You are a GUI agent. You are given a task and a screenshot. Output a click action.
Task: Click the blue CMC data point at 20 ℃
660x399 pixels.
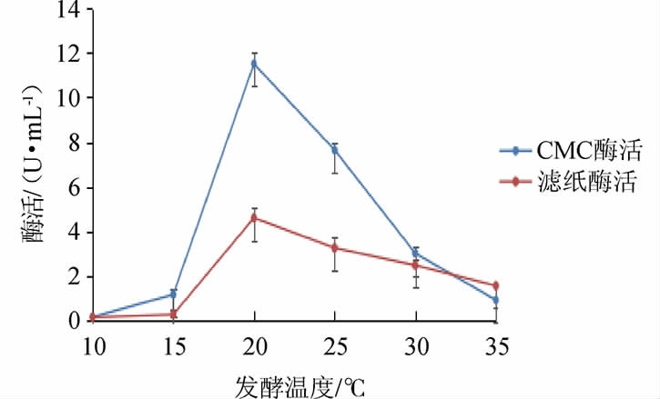pyautogui.click(x=255, y=64)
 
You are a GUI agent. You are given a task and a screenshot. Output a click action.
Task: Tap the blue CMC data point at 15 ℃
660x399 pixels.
pyautogui.click(x=173, y=294)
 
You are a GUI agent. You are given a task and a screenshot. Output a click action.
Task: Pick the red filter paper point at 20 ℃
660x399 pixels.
pyautogui.click(x=255, y=218)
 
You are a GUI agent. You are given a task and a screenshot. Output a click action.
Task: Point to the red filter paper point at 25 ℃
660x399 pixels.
pyautogui.click(x=336, y=247)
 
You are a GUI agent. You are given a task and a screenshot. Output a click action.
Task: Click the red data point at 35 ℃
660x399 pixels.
pyautogui.click(x=496, y=285)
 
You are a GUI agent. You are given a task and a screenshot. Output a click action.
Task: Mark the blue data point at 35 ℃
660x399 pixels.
pyautogui.click(x=496, y=300)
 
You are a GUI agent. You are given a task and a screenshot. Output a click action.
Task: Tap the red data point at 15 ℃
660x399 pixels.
pyautogui.click(x=173, y=314)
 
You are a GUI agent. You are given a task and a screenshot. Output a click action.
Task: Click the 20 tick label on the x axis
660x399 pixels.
pyautogui.click(x=255, y=348)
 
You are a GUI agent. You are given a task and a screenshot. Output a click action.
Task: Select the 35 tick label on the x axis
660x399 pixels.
pyautogui.click(x=497, y=348)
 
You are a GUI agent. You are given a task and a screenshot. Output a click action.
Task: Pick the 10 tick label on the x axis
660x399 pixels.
pyautogui.click(x=93, y=348)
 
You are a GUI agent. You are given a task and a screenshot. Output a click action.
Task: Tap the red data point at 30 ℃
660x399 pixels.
pyautogui.click(x=416, y=265)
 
